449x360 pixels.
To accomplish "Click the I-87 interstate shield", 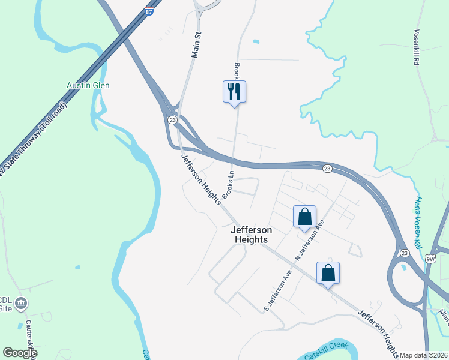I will (x=148, y=11).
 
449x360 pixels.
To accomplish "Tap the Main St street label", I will (x=195, y=46).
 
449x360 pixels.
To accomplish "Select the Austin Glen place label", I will (x=88, y=85).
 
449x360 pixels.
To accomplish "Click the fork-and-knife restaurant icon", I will (x=234, y=92).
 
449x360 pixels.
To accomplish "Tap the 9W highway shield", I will (x=430, y=259).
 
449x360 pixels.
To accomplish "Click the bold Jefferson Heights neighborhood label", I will (x=251, y=235).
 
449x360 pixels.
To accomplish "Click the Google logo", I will (x=20, y=353).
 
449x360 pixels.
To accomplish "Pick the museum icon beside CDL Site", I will (x=22, y=303).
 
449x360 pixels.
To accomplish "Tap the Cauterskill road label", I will (x=29, y=339).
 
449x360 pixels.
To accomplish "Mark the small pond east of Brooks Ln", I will (x=256, y=41).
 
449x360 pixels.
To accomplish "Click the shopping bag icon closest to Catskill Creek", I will (x=328, y=274).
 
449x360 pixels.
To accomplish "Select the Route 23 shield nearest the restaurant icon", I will (x=172, y=120).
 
